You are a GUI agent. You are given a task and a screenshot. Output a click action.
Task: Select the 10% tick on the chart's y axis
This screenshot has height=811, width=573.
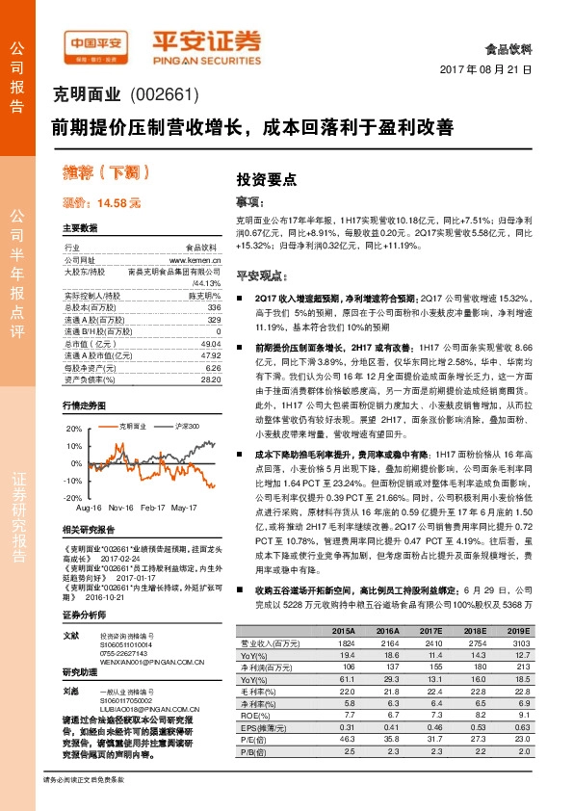tap(73, 446)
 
